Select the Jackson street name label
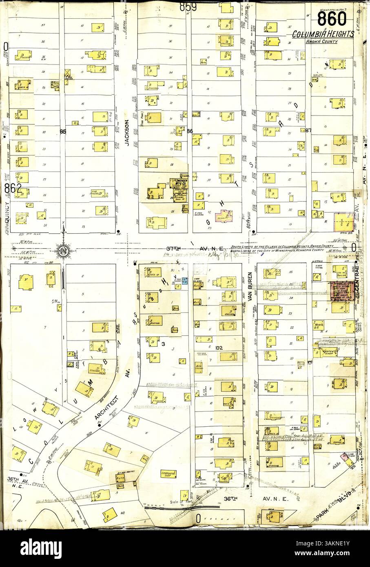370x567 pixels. pyautogui.click(x=127, y=133)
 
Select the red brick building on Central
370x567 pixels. pyautogui.click(x=340, y=291)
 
